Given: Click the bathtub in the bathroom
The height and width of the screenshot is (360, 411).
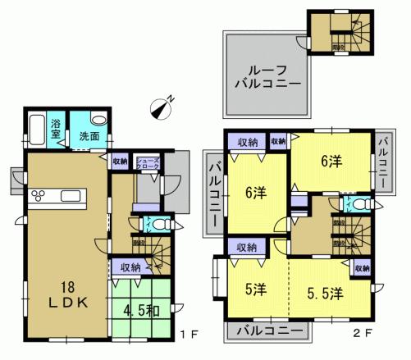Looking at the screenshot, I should pos(36,129).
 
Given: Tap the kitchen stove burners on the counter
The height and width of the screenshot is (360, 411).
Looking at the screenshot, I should pos(39,195).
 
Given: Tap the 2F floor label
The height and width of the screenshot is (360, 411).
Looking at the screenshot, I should pos(363,335).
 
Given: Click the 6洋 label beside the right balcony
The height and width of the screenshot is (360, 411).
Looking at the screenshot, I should pos(331,162).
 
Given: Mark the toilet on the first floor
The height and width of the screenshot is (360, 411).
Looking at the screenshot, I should pos(156,222).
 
